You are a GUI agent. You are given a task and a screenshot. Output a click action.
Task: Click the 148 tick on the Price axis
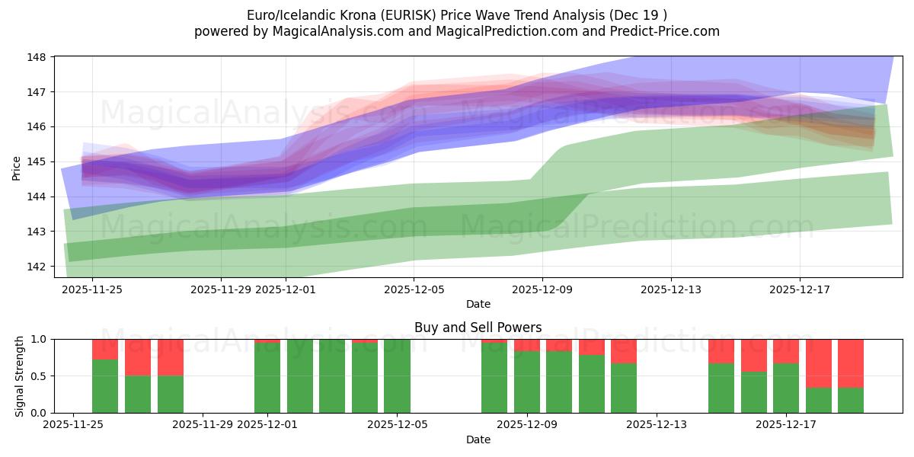pos(37,57)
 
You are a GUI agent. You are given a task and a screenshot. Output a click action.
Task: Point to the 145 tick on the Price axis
pos(37,161)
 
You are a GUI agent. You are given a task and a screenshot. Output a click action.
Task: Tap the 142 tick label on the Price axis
pos(37,266)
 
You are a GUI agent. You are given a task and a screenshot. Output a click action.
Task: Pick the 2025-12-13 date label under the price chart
pos(671,289)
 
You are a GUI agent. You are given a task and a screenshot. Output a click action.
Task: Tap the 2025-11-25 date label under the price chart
pos(92,289)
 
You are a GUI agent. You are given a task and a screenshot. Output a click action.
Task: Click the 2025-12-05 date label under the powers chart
pos(397,426)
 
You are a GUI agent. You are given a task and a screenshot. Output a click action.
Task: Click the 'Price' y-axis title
pos(17,168)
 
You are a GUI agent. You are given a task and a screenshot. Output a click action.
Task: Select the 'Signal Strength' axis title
pos(21,376)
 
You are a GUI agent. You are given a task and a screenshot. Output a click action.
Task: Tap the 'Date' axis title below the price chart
pos(478,304)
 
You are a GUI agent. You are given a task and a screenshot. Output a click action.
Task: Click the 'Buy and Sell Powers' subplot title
pos(478,328)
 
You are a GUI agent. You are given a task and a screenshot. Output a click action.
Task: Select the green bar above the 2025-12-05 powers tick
pos(397,376)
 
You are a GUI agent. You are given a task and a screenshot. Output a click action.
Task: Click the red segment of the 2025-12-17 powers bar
pos(819,363)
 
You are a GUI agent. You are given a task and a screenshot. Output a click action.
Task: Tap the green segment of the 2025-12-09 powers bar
pos(526,382)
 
